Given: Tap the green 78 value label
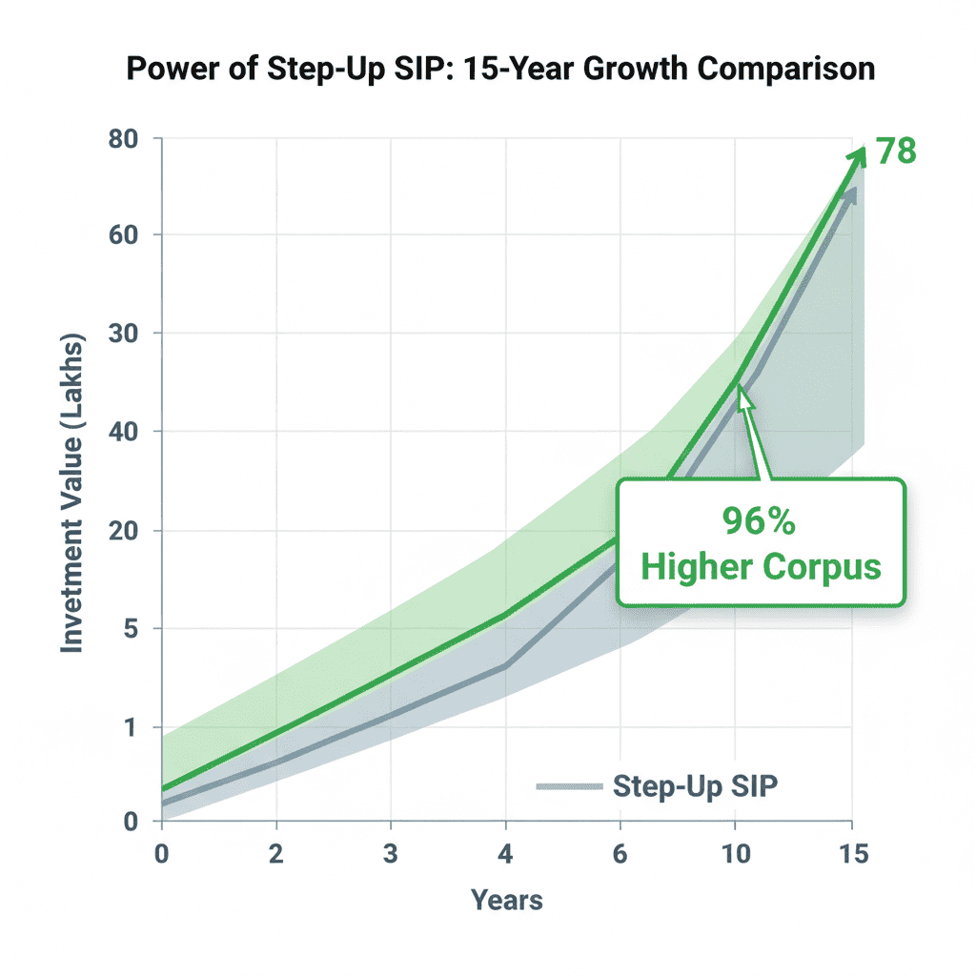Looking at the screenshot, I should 896,152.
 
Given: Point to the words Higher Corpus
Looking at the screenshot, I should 760,566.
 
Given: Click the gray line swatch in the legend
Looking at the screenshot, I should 569,786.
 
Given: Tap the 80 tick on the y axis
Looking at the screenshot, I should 124,138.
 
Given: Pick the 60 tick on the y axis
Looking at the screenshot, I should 124,235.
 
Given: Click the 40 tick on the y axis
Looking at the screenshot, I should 124,432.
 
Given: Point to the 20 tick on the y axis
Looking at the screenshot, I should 124,531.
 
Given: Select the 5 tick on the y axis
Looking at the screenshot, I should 132,629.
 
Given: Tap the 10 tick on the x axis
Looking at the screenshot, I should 734,854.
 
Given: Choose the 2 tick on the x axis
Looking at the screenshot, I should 276,854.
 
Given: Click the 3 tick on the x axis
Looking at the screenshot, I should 391,854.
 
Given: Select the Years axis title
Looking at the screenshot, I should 506,900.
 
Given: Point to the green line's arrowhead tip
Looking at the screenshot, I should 862,149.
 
